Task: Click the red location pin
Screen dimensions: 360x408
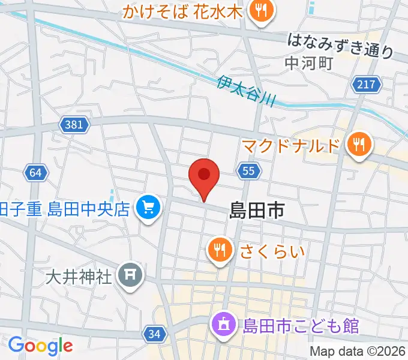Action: click(x=204, y=176)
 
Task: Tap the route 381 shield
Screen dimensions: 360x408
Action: click(x=74, y=124)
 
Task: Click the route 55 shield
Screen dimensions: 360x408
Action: click(x=249, y=172)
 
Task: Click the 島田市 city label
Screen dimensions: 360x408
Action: click(x=256, y=210)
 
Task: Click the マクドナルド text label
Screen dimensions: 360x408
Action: click(x=293, y=145)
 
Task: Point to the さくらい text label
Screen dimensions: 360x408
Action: click(x=272, y=250)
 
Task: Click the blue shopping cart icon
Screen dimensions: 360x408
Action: click(x=147, y=209)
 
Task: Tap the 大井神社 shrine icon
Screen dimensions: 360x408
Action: click(x=128, y=276)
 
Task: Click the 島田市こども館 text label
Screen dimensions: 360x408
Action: click(x=301, y=326)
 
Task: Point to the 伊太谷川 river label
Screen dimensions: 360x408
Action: click(x=246, y=89)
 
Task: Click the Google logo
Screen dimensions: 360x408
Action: click(x=40, y=346)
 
